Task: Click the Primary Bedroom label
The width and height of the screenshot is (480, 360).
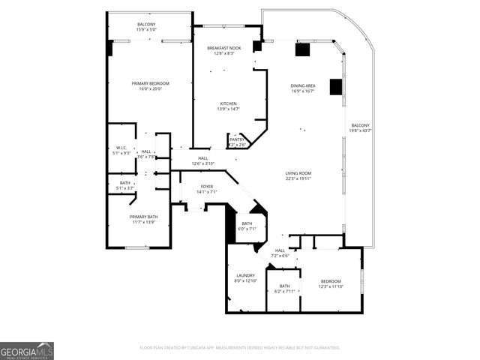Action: coord(150,83)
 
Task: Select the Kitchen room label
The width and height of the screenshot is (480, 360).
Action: coord(228,103)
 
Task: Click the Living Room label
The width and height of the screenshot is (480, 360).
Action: coord(298,173)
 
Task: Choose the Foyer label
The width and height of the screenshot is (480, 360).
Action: coord(207,186)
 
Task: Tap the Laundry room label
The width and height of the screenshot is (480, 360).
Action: coord(246,276)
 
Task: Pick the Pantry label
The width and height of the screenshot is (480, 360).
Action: coord(237,139)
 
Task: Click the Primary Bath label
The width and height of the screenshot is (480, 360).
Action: coord(143,217)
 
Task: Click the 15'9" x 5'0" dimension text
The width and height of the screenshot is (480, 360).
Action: coord(146,30)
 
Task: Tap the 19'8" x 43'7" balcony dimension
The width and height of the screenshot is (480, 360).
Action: coord(361,130)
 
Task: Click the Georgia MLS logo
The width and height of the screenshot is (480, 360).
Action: coord(27,350)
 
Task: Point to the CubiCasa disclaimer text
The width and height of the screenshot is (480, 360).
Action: coord(240,347)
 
